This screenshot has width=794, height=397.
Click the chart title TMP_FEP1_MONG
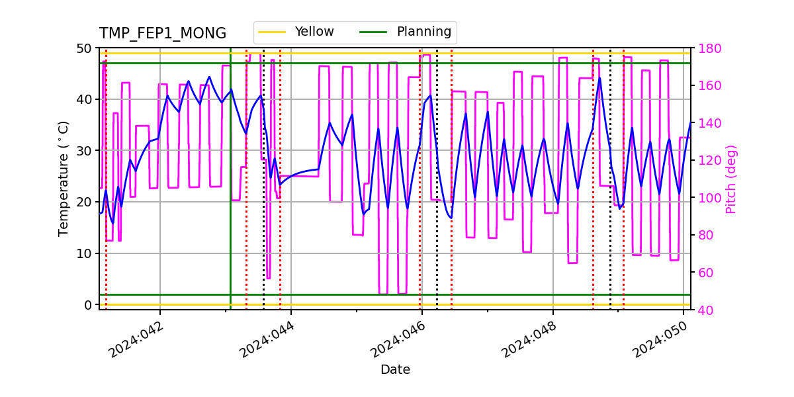[x=162, y=34]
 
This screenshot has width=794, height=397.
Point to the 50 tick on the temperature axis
[x=87, y=48]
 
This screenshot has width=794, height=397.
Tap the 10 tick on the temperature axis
[x=87, y=253]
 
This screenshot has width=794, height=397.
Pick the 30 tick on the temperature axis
[x=87, y=151]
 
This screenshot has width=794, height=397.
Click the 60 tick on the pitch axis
[x=707, y=273]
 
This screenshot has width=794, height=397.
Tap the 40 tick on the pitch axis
[x=707, y=310]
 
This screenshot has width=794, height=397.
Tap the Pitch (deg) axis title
[x=731, y=179]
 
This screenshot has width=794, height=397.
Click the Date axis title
[x=395, y=370]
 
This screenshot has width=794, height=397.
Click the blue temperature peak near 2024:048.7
[x=600, y=78]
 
